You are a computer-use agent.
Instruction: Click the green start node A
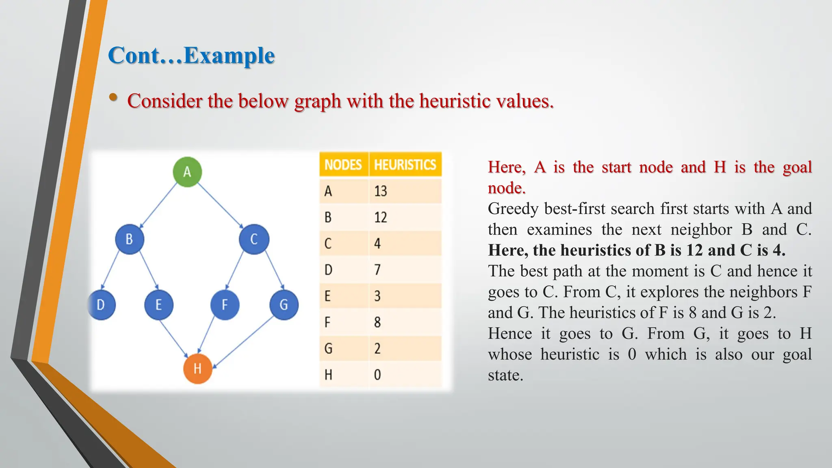187,172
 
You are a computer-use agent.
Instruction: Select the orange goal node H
197,369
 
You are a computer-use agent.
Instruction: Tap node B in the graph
130,239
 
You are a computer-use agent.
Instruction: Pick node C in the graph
254,239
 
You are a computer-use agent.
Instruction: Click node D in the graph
101,305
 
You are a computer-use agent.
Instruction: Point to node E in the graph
159,305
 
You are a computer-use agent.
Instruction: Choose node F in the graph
225,305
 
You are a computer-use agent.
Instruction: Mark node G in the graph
284,305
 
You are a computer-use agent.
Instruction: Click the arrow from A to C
220,206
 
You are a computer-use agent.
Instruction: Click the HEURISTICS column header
405,165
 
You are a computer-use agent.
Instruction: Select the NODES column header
343,165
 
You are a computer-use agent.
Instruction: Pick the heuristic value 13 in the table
381,191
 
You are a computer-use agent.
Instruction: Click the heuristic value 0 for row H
377,375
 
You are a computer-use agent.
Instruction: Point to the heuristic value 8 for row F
377,322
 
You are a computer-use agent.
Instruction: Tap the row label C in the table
328,244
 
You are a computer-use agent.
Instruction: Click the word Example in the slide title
229,56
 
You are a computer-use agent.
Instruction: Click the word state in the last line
505,375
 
